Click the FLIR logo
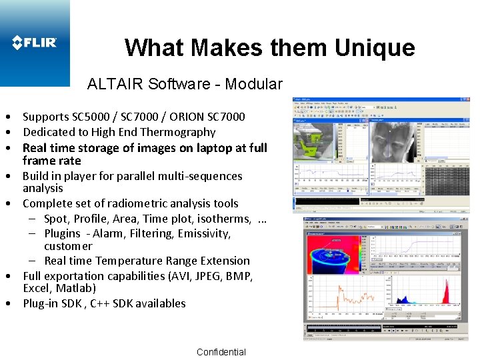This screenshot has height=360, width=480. click(35, 43)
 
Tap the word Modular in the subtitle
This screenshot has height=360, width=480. click(254, 84)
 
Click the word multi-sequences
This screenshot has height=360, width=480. click(199, 176)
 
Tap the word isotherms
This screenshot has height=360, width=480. click(224, 219)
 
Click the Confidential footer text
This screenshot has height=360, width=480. click(221, 352)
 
